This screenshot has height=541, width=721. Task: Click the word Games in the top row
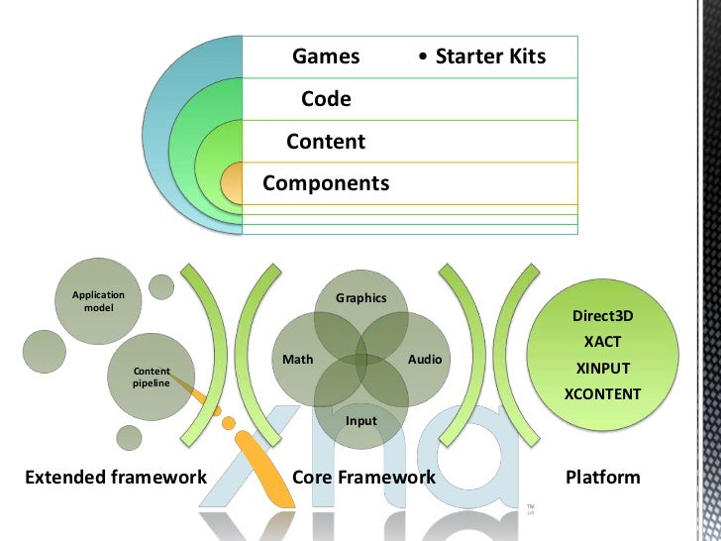326,56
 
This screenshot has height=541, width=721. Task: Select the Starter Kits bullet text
482,56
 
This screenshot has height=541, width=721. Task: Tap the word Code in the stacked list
326,99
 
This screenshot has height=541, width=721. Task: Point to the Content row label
326,142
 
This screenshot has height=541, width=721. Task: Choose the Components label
326,184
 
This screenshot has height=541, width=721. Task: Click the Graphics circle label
360,298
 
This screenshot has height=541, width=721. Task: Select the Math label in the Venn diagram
298,360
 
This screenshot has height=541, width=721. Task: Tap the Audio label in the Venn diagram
425,360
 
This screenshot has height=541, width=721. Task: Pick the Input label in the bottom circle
360,421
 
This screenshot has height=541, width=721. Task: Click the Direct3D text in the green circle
602,317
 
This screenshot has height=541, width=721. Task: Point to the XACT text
602,343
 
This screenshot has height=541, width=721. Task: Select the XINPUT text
602,369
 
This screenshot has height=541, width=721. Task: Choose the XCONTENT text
602,394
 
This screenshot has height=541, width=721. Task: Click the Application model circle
98,301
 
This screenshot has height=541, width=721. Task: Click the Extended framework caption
116,478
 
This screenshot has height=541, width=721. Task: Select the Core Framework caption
364,478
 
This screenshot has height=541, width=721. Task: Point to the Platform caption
602,478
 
